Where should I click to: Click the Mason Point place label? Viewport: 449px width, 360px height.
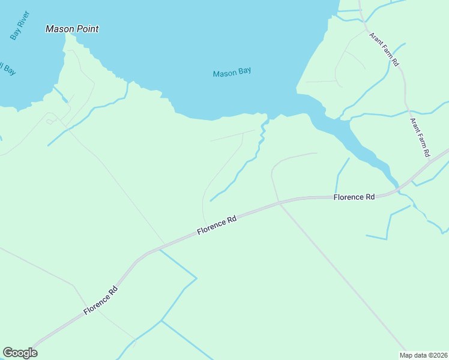(x=72, y=29)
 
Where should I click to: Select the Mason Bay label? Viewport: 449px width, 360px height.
(x=232, y=73)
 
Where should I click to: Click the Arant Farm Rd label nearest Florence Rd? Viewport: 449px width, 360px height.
(x=420, y=137)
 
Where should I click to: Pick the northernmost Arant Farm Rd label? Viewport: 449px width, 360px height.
(x=384, y=49)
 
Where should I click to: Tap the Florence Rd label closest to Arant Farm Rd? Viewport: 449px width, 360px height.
(x=354, y=197)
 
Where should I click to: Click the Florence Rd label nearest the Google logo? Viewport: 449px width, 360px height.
(x=101, y=301)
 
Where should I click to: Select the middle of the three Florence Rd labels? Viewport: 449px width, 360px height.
(x=217, y=225)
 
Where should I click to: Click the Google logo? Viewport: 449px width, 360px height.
(x=20, y=353)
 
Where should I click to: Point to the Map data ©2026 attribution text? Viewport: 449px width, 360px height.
(x=423, y=355)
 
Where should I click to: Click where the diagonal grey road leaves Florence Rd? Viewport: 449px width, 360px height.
(x=280, y=204)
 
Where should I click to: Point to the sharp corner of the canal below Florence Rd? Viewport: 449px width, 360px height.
(x=196, y=278)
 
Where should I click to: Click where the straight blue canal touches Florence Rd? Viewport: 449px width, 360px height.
(x=159, y=250)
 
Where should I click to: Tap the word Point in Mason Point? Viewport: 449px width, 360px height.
(x=87, y=29)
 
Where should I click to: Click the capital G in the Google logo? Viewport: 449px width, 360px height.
(x=8, y=352)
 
